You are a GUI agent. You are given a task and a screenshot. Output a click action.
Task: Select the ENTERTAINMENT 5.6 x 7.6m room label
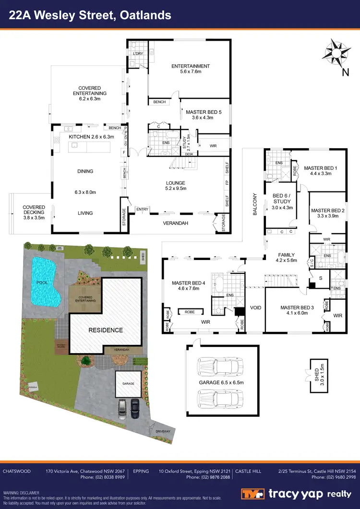tap(191, 69)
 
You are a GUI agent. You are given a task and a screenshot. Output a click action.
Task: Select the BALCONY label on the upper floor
tap(255, 204)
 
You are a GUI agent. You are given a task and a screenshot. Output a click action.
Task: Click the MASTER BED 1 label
tap(321, 171)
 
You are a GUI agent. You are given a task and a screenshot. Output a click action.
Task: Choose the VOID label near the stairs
tap(255, 308)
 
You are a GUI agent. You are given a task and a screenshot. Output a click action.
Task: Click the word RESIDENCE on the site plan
tap(105, 330)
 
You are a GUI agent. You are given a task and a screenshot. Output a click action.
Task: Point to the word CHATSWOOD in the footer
tap(17, 471)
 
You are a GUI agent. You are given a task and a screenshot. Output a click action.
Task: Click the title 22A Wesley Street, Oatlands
tap(90, 15)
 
